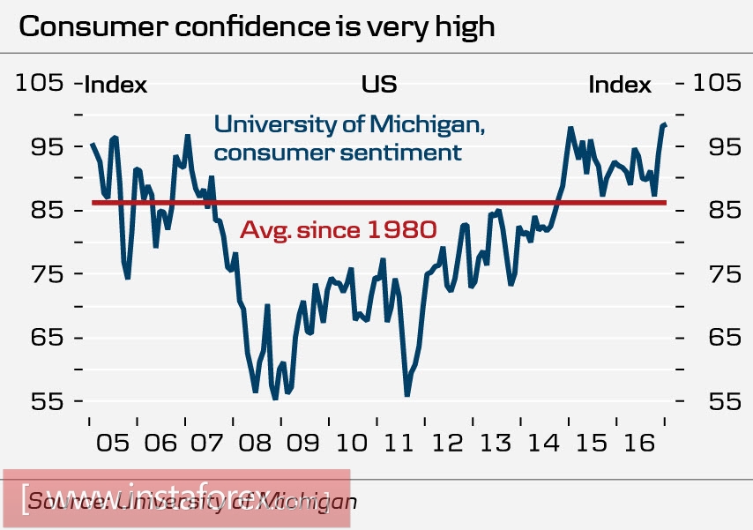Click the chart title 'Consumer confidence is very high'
[257, 26]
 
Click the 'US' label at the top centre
[378, 85]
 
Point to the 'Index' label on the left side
[116, 86]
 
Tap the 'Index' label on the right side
[620, 86]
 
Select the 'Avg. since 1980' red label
[339, 231]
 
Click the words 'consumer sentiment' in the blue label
[338, 152]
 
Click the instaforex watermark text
[176, 499]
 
